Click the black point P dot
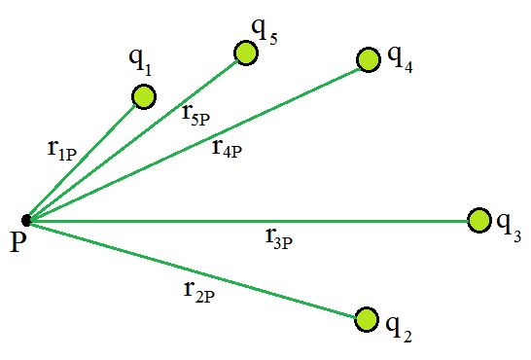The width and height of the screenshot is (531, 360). pyautogui.click(x=26, y=220)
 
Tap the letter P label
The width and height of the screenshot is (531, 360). pyautogui.click(x=18, y=241)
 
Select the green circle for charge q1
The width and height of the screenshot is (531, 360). pyautogui.click(x=144, y=96)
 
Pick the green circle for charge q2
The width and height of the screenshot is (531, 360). pyautogui.click(x=367, y=320)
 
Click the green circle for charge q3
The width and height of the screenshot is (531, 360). pyautogui.click(x=479, y=220)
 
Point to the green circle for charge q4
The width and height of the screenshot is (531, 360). pyautogui.click(x=369, y=59)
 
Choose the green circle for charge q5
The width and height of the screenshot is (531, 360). pyautogui.click(x=246, y=53)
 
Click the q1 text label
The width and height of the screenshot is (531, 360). pyautogui.click(x=140, y=61)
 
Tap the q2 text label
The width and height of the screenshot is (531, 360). pyautogui.click(x=399, y=328)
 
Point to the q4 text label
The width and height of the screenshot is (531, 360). pyautogui.click(x=400, y=57)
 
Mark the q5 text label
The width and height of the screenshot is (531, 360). pyautogui.click(x=265, y=31)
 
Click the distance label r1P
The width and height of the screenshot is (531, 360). pyautogui.click(x=62, y=151)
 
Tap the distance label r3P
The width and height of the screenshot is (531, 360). pyautogui.click(x=279, y=239)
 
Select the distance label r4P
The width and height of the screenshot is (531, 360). pyautogui.click(x=228, y=149)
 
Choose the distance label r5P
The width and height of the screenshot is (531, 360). pyautogui.click(x=195, y=116)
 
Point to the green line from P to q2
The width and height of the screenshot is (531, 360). pyautogui.click(x=193, y=270)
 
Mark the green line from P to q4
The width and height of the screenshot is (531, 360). pyautogui.click(x=195, y=144)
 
